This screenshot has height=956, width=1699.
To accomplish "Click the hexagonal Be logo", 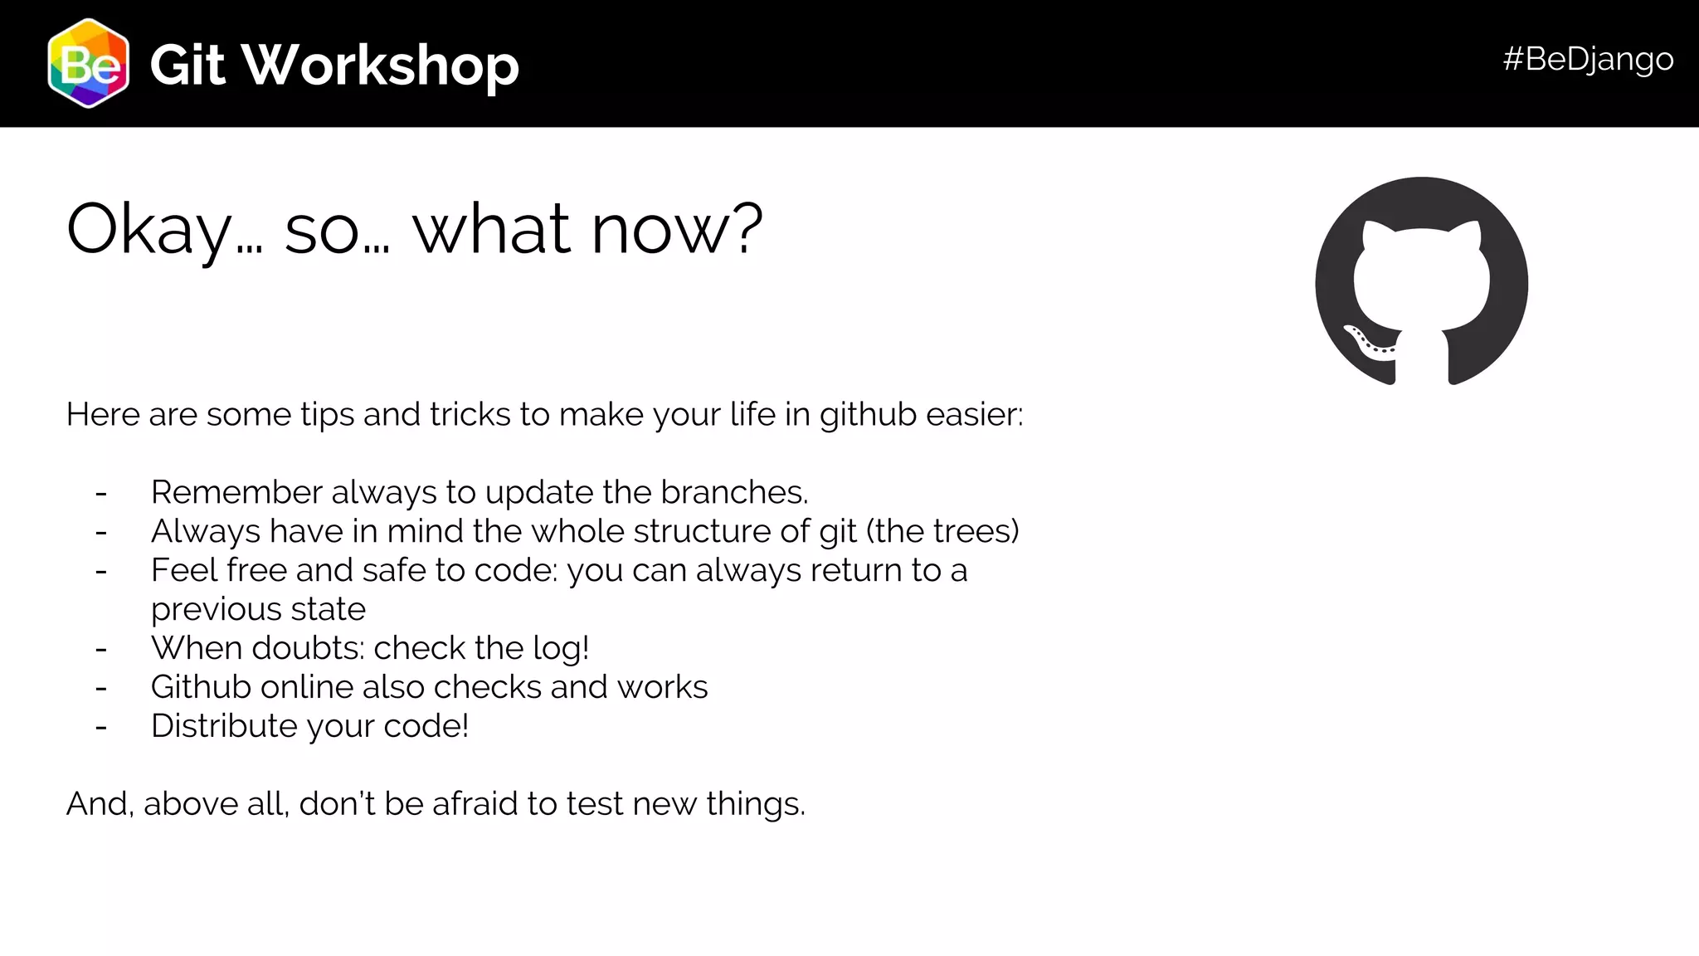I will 88,64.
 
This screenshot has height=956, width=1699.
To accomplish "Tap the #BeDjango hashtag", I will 1588,59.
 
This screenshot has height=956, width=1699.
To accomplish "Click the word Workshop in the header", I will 381,65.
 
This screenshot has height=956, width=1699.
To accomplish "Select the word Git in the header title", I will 187,65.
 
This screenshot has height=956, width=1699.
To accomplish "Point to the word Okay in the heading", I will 149,230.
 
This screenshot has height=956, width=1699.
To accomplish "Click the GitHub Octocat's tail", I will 1368,341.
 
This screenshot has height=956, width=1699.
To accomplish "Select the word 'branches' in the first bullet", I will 733,493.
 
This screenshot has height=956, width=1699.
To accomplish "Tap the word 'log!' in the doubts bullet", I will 561,648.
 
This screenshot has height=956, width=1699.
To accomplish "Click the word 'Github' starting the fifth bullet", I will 200,687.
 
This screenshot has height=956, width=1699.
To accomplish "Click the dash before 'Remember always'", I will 101,494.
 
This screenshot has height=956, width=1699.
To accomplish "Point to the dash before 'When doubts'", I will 101,649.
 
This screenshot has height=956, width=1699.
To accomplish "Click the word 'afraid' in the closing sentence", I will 475,804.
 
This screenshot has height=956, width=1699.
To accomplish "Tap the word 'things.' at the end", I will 755,804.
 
